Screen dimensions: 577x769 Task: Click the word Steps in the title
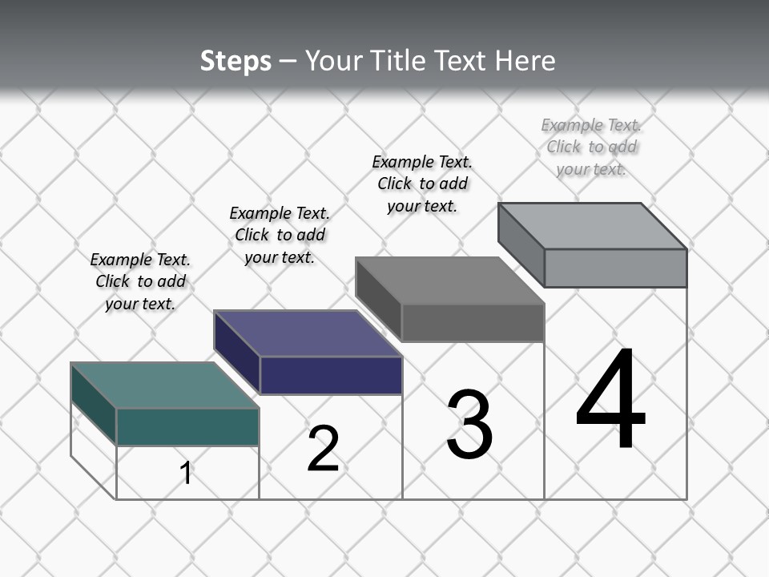[x=236, y=61]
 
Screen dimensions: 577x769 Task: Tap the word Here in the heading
[x=525, y=61]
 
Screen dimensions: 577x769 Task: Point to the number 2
[x=323, y=449]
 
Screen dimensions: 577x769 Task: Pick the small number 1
[x=186, y=473]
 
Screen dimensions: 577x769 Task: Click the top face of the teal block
[x=164, y=385]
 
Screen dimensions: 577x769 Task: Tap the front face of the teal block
[x=187, y=426]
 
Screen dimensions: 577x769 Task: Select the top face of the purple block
[x=308, y=333]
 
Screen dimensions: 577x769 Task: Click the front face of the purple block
[x=331, y=375]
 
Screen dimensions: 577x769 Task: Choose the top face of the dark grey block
[x=449, y=280]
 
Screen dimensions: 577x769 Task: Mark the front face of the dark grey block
[x=473, y=323]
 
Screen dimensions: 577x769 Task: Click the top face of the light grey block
[x=592, y=226]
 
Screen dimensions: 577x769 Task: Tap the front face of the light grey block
[x=615, y=268]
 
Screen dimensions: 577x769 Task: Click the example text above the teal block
[x=140, y=281]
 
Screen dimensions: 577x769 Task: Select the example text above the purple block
[x=280, y=235]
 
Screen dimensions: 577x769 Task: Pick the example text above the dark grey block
[x=422, y=184]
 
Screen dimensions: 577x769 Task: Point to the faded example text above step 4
[x=591, y=147]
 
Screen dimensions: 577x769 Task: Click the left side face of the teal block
[x=94, y=404]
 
